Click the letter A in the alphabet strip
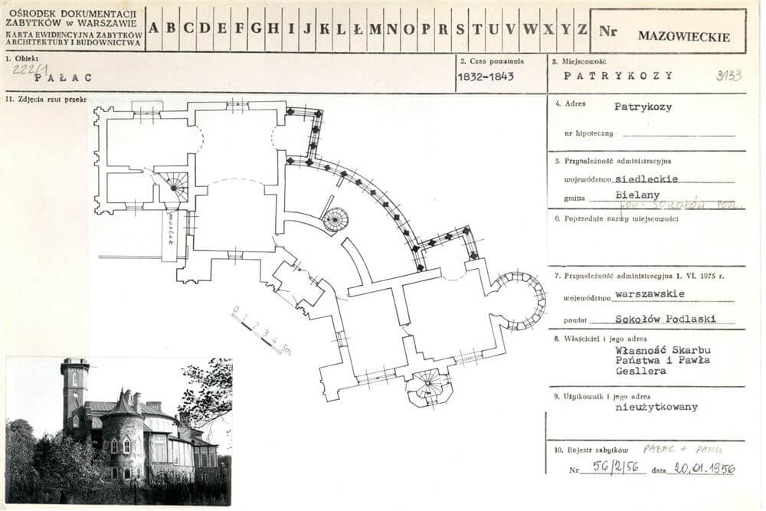[154, 29]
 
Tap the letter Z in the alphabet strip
[583, 29]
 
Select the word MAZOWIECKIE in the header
[683, 36]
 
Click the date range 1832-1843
[486, 77]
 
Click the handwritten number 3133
[728, 75]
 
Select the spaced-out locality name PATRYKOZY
[618, 75]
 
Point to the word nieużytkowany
[656, 407]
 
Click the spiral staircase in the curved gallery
[335, 220]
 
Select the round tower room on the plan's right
[521, 300]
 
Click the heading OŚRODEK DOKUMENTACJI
[70, 14]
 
